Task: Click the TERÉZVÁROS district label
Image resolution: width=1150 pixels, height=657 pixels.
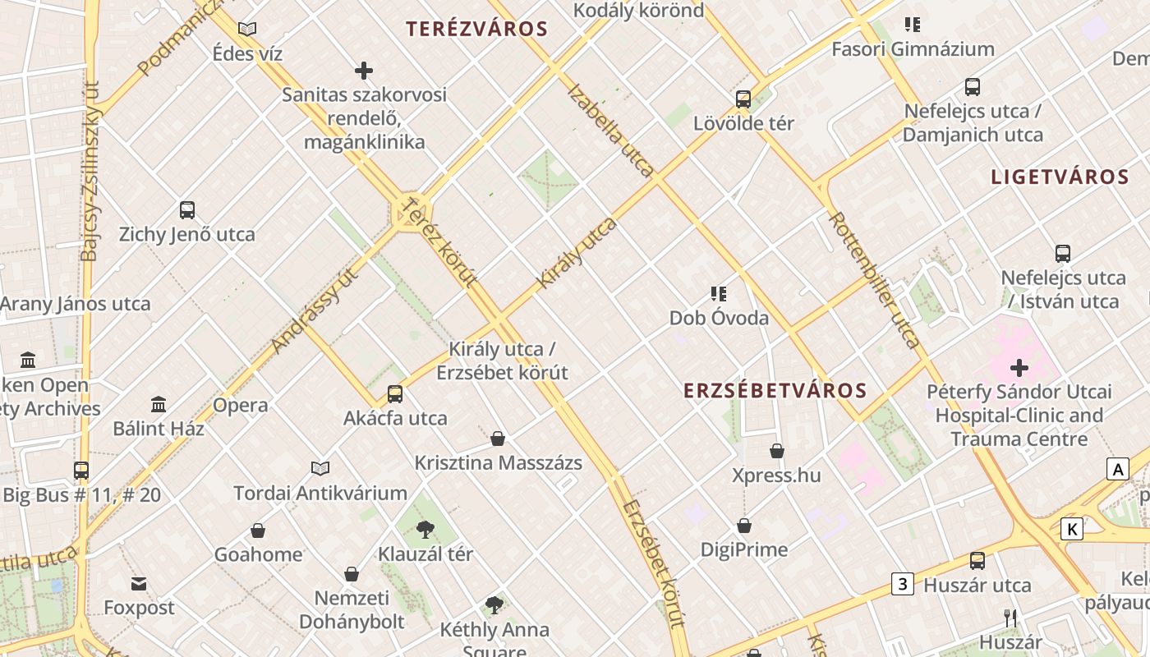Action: click(x=476, y=29)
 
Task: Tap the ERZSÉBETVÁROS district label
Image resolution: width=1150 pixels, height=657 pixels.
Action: click(x=775, y=391)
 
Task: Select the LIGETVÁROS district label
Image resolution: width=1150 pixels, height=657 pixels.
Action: click(x=1060, y=177)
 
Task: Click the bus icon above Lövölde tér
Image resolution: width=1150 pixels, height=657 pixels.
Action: click(x=743, y=99)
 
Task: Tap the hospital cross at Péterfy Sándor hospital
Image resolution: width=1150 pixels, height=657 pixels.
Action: click(x=1019, y=367)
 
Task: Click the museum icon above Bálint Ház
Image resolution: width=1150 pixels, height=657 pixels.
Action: click(x=159, y=404)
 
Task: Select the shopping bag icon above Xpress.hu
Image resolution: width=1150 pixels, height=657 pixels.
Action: click(x=777, y=451)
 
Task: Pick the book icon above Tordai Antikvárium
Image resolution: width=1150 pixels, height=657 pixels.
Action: click(x=320, y=468)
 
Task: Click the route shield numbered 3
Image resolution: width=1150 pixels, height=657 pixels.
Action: click(x=903, y=585)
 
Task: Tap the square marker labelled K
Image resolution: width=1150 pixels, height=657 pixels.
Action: click(x=1071, y=529)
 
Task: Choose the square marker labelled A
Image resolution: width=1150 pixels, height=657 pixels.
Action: click(x=1117, y=470)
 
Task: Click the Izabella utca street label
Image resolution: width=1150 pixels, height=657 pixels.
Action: click(x=610, y=130)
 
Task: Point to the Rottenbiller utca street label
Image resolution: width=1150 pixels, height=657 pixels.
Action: click(x=874, y=280)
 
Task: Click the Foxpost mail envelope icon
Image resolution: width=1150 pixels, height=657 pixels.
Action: click(x=139, y=584)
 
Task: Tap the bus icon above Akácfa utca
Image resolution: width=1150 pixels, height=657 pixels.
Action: click(x=395, y=394)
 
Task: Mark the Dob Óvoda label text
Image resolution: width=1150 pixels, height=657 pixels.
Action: click(x=719, y=318)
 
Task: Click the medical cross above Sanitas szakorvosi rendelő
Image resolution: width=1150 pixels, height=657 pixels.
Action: click(x=364, y=71)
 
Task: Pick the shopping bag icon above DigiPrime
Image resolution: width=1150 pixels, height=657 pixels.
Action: click(x=744, y=526)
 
